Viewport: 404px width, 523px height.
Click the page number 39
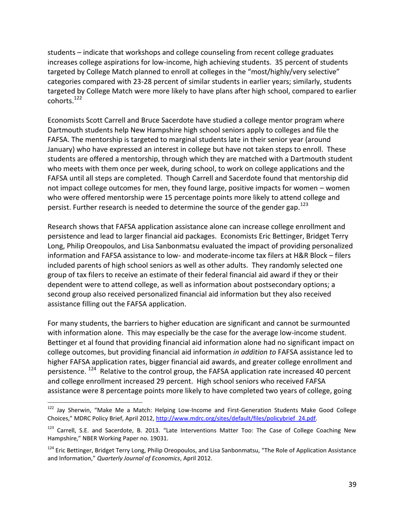tap(352, 484)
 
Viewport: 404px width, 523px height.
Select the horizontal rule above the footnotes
tap(94, 401)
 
